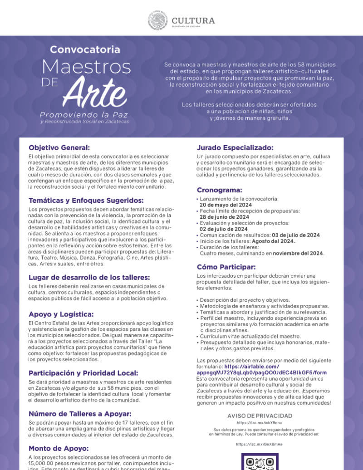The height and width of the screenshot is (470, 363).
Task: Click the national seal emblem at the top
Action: tap(158, 20)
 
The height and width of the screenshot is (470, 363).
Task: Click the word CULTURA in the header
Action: tap(193, 20)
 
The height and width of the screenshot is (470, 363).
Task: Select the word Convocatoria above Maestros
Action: tap(85, 49)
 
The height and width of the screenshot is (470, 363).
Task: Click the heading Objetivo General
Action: tap(59, 147)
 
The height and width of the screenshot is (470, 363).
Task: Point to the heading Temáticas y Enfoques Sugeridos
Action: tap(86, 200)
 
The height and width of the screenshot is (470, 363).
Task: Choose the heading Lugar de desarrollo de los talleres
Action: tap(89, 277)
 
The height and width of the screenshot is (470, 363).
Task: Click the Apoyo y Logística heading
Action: tap(61, 314)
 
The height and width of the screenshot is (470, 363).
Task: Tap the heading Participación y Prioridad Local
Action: tap(83, 373)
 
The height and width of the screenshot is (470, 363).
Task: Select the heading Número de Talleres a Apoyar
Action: tap(80, 413)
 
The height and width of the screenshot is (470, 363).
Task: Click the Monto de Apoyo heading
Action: tap(59, 448)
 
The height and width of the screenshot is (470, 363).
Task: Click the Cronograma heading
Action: tap(219, 190)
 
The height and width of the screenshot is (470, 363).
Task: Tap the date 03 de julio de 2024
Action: tap(295, 235)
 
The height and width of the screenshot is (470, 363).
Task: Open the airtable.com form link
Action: tap(261, 372)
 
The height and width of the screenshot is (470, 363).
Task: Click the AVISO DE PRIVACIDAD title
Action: tap(260, 416)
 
